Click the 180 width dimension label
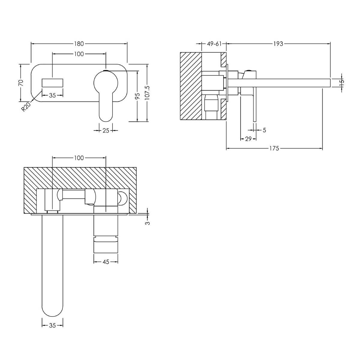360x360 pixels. click(x=79, y=44)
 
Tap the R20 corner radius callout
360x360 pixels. click(x=26, y=107)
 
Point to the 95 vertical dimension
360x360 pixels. click(x=137, y=96)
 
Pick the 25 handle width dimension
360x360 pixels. click(x=106, y=130)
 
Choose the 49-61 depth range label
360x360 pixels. click(x=214, y=44)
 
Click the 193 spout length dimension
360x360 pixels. click(x=278, y=44)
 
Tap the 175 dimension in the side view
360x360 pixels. click(x=274, y=148)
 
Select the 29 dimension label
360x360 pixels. click(x=248, y=139)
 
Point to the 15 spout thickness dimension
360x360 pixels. click(x=341, y=83)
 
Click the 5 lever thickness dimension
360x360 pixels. click(x=264, y=130)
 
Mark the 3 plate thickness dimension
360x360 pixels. click(x=148, y=223)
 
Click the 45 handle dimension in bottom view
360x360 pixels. click(x=106, y=262)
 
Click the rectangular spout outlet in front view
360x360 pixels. click(x=52, y=83)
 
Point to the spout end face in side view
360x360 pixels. click(x=330, y=83)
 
